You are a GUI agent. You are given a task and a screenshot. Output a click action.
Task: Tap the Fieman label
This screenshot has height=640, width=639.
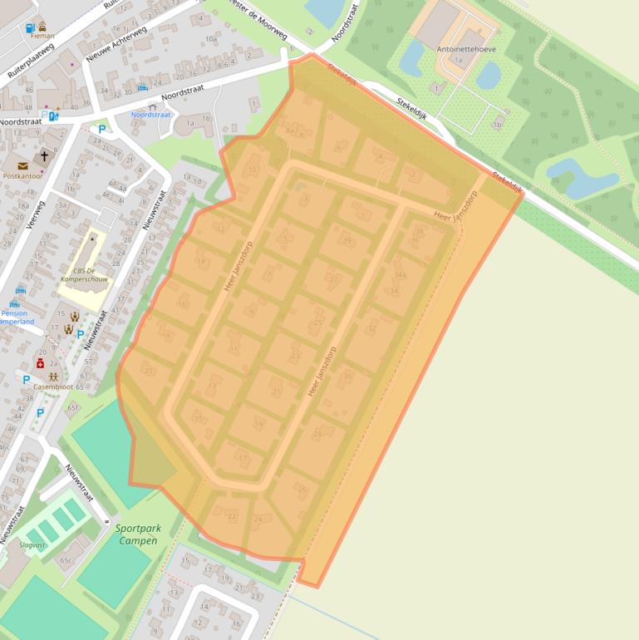[42, 36]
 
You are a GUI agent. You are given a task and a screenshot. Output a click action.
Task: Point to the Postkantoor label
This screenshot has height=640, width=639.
[22, 176]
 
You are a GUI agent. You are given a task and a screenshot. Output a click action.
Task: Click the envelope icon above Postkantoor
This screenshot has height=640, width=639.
[22, 165]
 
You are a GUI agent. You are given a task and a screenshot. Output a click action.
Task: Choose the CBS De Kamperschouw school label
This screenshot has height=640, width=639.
[85, 275]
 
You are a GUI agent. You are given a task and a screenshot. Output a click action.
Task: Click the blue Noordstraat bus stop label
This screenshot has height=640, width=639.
[150, 115]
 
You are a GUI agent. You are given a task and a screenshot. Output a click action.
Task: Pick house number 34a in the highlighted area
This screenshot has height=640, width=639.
[400, 275]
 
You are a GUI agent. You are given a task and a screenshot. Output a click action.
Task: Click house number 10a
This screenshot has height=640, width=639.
[211, 39]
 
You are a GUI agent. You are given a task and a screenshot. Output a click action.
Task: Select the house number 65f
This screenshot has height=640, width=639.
[73, 407]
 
